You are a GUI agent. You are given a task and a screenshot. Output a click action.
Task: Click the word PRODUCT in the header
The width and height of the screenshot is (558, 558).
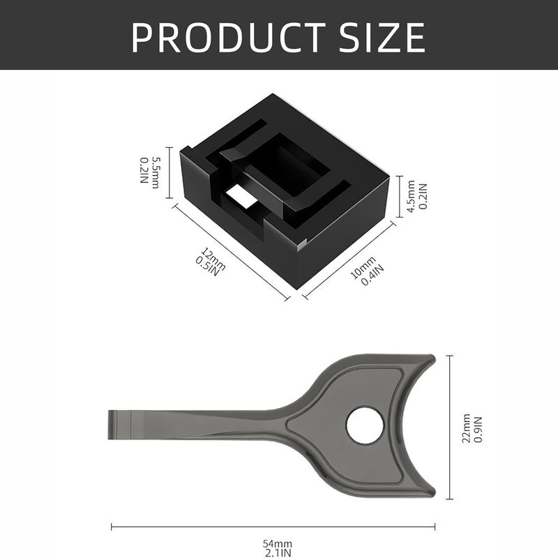(x=228, y=37)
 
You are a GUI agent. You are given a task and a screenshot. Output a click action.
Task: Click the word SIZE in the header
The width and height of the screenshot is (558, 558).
(x=382, y=38)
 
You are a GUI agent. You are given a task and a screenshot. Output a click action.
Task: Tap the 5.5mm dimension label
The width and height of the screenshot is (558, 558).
(x=156, y=172)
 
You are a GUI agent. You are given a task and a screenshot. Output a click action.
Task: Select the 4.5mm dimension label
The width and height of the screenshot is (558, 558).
(x=411, y=197)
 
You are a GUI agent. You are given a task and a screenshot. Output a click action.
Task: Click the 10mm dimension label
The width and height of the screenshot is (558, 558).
(x=363, y=268)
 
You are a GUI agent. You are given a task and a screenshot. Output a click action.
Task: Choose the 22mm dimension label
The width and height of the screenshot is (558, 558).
(x=466, y=428)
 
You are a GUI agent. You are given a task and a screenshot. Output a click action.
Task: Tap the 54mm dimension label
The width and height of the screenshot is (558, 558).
(x=277, y=544)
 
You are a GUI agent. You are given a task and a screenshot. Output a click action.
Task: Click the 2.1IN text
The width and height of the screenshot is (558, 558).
(x=278, y=552)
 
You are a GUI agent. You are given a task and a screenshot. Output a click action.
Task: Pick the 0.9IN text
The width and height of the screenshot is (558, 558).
(x=478, y=429)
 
